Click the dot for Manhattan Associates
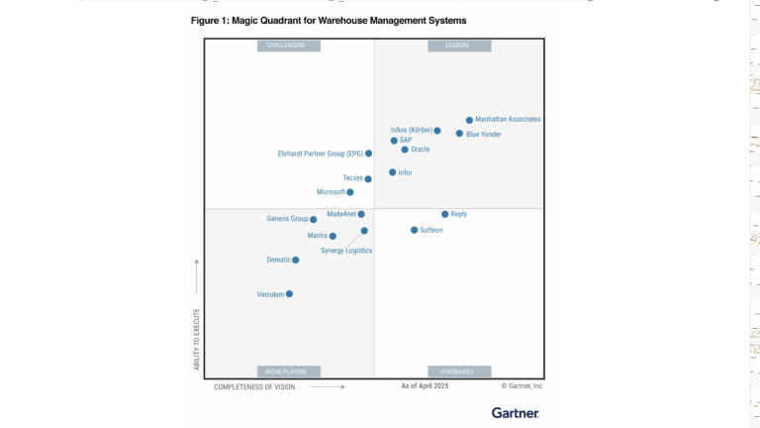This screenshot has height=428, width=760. click(469, 120)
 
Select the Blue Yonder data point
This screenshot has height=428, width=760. click(459, 134)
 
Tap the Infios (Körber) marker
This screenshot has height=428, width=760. click(437, 130)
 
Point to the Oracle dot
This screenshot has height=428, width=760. click(405, 150)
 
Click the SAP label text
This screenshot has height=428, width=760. click(406, 141)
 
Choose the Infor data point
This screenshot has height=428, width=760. click(392, 172)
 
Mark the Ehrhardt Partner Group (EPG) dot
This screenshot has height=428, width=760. click(368, 154)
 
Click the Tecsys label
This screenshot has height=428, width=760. click(352, 178)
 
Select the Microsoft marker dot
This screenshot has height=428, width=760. click(350, 192)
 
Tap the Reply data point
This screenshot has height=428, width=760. click(444, 214)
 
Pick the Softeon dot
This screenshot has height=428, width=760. click(415, 230)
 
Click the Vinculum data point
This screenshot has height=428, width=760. click(289, 294)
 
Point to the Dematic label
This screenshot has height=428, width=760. click(279, 260)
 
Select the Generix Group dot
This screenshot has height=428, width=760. click(314, 219)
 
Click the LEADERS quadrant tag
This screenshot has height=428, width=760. click(458, 46)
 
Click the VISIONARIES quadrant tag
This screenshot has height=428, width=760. click(458, 372)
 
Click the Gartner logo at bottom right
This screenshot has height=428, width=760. click(516, 412)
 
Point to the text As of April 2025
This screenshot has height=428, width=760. click(425, 386)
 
